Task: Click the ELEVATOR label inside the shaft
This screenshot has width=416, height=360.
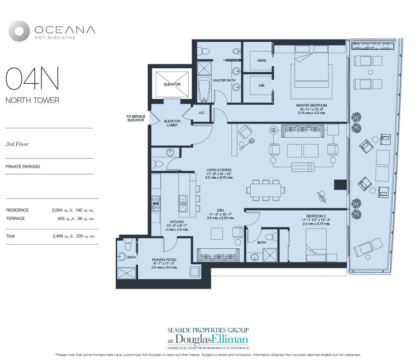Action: [172, 84]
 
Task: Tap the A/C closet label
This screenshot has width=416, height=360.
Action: [202, 113]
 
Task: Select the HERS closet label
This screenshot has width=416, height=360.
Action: [261, 61]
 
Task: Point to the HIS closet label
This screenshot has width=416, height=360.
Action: [262, 85]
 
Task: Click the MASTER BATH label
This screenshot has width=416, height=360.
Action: [224, 80]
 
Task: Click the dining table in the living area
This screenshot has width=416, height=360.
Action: [266, 190]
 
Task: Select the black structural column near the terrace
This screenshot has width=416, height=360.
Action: [340, 184]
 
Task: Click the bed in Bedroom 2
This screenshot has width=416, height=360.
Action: [321, 245]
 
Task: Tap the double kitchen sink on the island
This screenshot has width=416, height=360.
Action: [183, 203]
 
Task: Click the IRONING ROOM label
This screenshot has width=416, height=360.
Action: [164, 260]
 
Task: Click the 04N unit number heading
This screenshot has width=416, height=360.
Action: [32, 78]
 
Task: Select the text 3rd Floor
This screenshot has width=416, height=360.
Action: [17, 144]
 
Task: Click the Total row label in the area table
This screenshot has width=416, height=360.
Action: [11, 236]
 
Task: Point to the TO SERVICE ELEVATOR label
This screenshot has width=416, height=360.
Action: [136, 118]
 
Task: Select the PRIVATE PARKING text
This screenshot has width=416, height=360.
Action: [23, 167]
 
